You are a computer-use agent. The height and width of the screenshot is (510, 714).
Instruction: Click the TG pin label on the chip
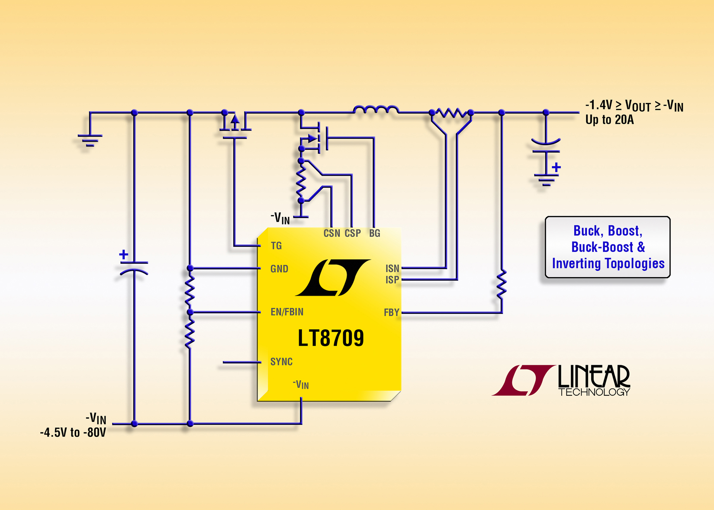[276, 246]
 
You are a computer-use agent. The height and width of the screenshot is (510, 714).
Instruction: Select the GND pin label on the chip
[279, 269]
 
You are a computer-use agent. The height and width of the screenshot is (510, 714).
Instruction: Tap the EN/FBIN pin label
[287, 312]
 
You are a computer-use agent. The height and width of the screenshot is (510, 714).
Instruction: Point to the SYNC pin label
[282, 362]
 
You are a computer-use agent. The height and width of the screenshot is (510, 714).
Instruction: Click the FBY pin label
[392, 312]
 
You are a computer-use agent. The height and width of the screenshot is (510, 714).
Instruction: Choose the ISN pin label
[392, 268]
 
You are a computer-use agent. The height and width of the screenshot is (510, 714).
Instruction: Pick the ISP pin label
[392, 280]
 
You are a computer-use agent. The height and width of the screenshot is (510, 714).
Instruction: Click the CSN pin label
[332, 233]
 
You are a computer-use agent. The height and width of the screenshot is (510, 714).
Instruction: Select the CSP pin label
[353, 233]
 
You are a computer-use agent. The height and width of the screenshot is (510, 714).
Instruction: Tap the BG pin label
[375, 233]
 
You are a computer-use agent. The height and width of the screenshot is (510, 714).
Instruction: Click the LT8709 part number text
[331, 338]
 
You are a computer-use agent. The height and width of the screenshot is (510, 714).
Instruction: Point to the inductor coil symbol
[376, 109]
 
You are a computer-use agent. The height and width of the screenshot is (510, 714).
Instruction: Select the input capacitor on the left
[134, 267]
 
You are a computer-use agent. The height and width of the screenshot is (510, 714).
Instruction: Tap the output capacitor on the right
[546, 147]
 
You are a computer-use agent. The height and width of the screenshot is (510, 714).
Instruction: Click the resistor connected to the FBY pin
[502, 285]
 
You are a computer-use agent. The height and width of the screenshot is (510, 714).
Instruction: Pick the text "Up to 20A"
[610, 120]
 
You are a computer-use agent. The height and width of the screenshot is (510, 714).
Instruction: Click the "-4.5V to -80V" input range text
[73, 432]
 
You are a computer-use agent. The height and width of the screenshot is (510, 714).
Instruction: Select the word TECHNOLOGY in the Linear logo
[594, 392]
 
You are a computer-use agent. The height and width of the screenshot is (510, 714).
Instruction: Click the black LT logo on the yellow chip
[333, 278]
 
